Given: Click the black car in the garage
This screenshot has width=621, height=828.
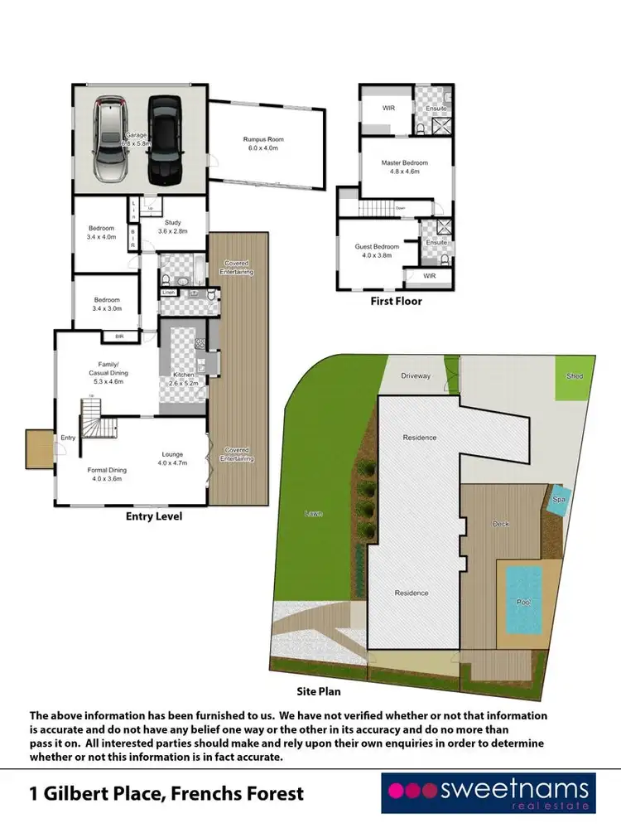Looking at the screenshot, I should click(x=165, y=140).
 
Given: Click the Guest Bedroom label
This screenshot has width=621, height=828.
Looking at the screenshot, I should click(x=377, y=251).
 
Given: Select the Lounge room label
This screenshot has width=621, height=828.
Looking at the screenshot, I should click(x=174, y=459).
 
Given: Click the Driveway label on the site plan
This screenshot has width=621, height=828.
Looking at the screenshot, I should click(x=416, y=375).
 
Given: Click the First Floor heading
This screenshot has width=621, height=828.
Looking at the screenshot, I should click(x=396, y=302).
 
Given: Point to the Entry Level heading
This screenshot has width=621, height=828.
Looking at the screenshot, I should click(x=153, y=516).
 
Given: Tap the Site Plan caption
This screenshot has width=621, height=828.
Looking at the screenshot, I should click(x=319, y=690).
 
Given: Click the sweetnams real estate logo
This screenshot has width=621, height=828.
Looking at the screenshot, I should click(x=487, y=792).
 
